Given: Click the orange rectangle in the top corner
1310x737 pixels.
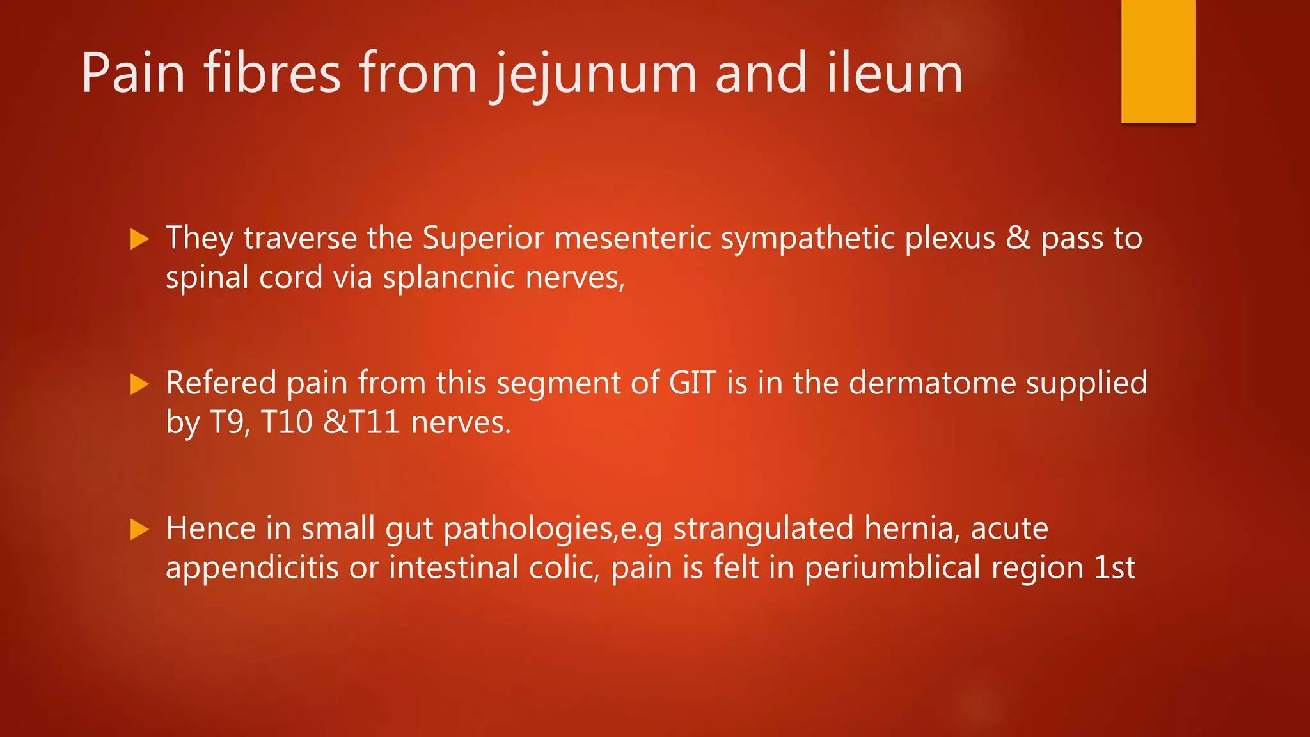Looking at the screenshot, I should tap(1158, 61).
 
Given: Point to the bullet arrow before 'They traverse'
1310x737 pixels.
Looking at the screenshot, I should tap(139, 239).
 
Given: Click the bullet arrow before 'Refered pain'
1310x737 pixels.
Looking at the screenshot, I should tap(139, 384).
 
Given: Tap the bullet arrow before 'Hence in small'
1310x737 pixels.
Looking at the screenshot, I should tap(139, 529).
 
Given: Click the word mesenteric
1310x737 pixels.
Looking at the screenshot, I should tap(633, 238).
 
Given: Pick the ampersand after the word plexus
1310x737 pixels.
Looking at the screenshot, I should tap(1018, 238).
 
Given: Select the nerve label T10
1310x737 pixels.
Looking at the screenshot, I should tap(287, 422).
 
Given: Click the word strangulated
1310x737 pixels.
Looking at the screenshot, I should tap(763, 528).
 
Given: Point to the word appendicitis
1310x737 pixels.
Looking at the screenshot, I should tap(252, 568).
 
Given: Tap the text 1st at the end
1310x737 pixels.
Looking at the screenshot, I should tap(1114, 568).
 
